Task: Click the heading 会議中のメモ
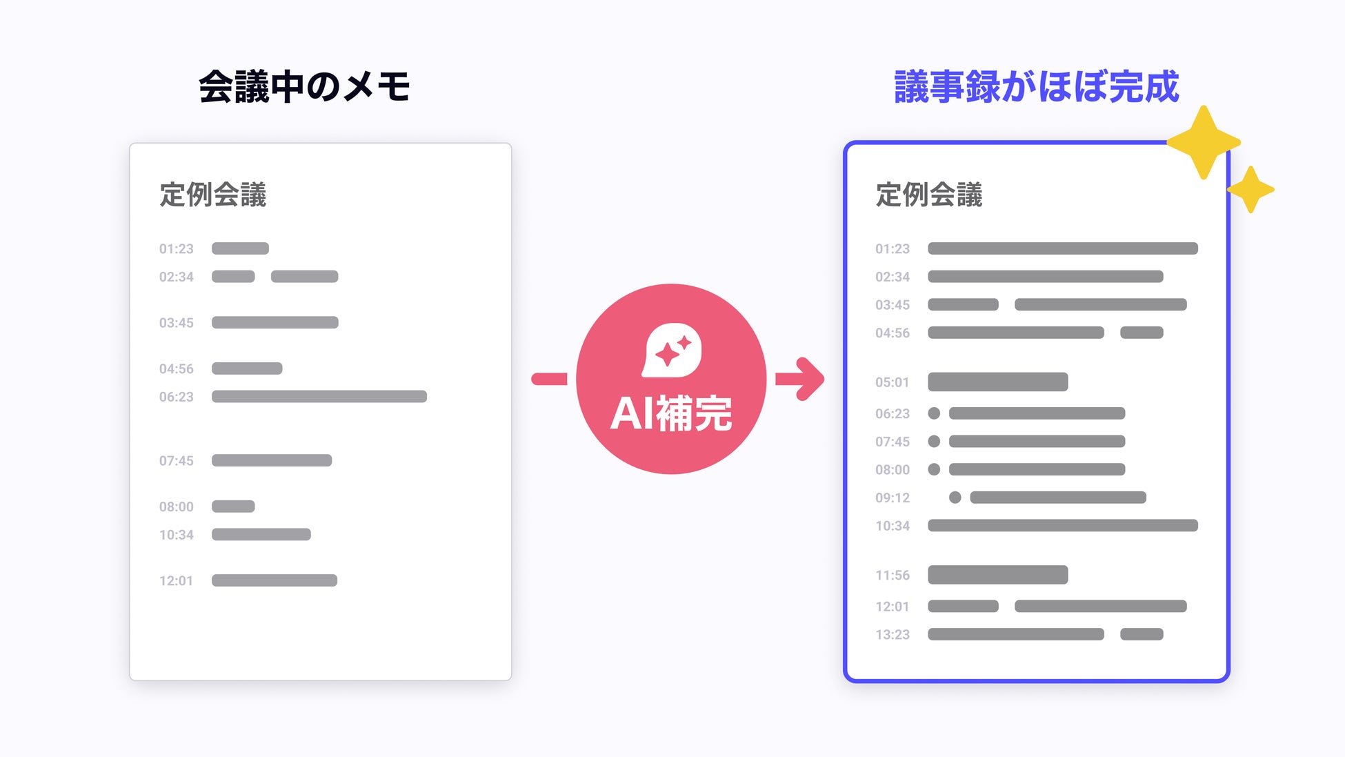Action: tap(304, 87)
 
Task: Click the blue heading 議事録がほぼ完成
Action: tap(1036, 87)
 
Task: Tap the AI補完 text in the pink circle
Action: tap(671, 413)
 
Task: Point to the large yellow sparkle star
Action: tap(1204, 142)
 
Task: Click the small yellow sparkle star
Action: tap(1251, 189)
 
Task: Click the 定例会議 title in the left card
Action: tap(212, 195)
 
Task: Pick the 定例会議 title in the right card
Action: tap(928, 195)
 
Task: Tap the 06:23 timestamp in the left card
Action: tap(176, 397)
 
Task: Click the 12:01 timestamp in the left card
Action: tap(176, 581)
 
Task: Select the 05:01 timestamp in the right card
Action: tap(892, 382)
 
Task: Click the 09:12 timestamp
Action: tap(892, 498)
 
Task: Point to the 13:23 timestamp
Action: tap(892, 635)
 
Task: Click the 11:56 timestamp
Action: tap(892, 576)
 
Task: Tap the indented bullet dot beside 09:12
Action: tap(955, 498)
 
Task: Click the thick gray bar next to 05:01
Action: tap(997, 382)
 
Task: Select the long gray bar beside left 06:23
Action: tap(319, 397)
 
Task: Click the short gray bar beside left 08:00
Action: tap(233, 507)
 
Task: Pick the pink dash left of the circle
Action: tap(549, 379)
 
